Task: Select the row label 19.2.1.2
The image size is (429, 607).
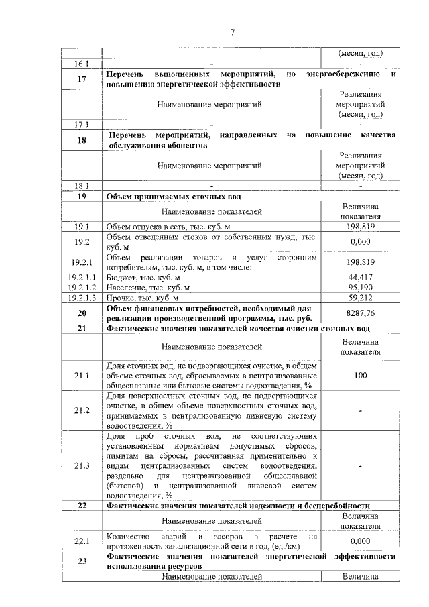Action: tap(81, 287)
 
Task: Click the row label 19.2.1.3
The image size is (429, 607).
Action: tap(81, 297)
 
